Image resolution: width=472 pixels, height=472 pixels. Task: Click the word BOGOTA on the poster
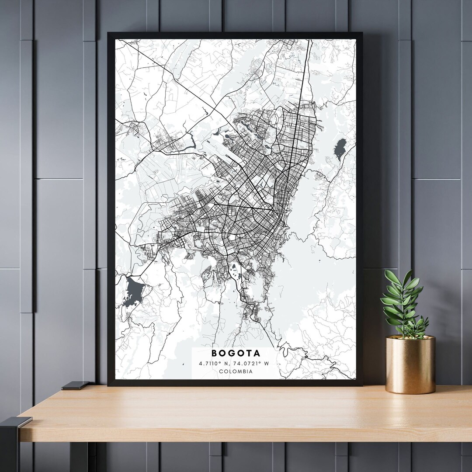click(236, 353)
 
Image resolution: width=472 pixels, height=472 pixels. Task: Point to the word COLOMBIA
click(236, 371)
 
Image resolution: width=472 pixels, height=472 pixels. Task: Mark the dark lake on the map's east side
click(340, 148)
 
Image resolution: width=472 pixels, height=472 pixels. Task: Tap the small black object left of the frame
click(75, 385)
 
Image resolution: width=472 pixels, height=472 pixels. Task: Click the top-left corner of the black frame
click(109, 33)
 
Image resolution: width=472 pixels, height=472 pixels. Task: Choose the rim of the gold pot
click(410, 338)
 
